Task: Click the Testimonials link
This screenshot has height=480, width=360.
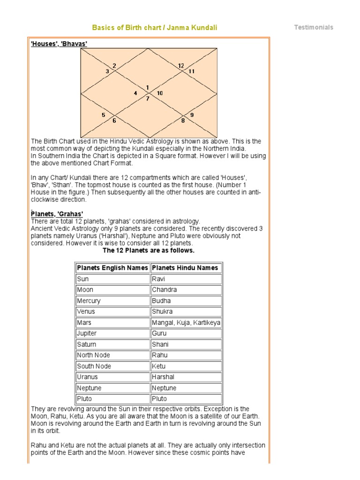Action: pos(314,27)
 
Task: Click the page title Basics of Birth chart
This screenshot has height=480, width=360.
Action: pos(154,28)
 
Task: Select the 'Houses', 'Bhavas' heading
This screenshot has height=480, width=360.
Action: pos(59,43)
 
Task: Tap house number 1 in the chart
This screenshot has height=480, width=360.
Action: pos(147,88)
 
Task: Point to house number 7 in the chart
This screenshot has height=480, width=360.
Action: pos(147,99)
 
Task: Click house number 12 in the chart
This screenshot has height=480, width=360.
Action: pos(181,66)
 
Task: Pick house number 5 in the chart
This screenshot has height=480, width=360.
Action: pos(104,115)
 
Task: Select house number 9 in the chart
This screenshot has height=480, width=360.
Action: pos(192,115)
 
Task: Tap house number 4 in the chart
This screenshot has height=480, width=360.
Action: pos(135,93)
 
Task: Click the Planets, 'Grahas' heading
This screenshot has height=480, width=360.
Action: pos(57,214)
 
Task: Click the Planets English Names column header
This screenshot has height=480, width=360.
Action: pos(112,268)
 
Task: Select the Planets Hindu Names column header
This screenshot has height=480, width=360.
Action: pos(185,268)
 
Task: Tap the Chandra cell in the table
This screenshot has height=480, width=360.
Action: pos(164,290)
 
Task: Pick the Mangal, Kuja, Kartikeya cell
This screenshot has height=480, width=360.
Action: pos(186,322)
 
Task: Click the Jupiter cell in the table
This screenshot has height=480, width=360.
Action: pos(87,333)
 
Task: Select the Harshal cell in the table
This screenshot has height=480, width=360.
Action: pos(163,377)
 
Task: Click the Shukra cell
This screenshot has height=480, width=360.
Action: pos(162,312)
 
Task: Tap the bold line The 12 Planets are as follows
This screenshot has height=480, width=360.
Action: pos(148,250)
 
